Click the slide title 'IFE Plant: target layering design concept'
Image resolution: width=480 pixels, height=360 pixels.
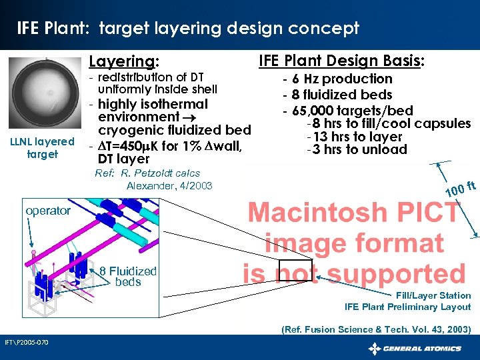coord(187,28)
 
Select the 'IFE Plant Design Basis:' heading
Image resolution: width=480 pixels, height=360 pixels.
coord(341,61)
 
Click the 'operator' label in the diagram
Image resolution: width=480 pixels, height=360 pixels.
coord(47,211)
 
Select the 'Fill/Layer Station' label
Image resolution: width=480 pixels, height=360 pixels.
coord(433,295)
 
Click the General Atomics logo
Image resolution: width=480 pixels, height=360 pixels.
coord(415,348)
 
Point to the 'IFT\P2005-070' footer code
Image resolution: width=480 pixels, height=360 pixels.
coord(25,342)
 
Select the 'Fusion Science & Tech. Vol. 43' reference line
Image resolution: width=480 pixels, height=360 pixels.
coord(376,329)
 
